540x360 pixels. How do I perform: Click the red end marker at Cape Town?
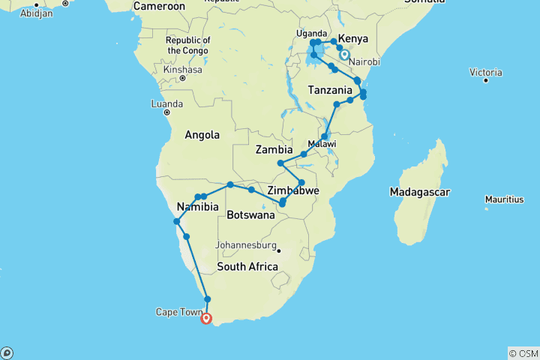click(206, 318)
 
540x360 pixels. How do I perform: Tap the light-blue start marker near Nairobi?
click(344, 55)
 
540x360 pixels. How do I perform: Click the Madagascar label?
click(419, 193)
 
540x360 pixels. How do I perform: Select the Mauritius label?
click(503, 199)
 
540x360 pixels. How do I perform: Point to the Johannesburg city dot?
click(277, 250)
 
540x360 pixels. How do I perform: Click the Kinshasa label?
click(181, 70)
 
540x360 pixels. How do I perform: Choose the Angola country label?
click(202, 135)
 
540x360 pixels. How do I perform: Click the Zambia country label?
click(274, 150)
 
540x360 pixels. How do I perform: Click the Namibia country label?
click(196, 207)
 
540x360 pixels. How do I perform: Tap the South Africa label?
click(247, 267)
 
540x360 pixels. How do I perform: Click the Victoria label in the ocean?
click(484, 72)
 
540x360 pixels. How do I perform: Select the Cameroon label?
click(159, 6)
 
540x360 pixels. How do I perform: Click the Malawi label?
click(322, 143)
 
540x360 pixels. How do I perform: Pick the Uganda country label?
click(311, 34)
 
